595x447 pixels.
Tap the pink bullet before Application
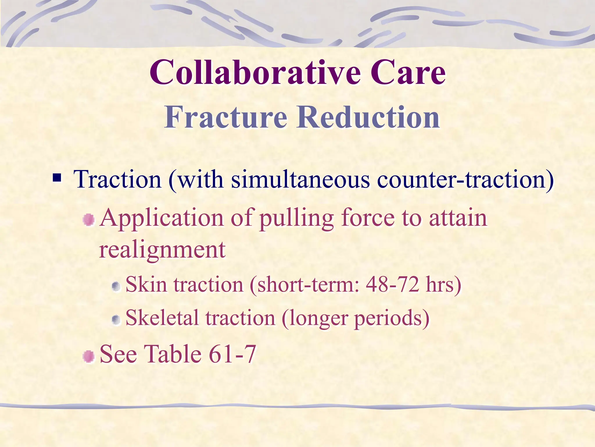click(89, 220)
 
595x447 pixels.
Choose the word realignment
click(162, 250)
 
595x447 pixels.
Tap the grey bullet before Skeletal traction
click(116, 320)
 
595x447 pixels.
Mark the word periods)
click(392, 319)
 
